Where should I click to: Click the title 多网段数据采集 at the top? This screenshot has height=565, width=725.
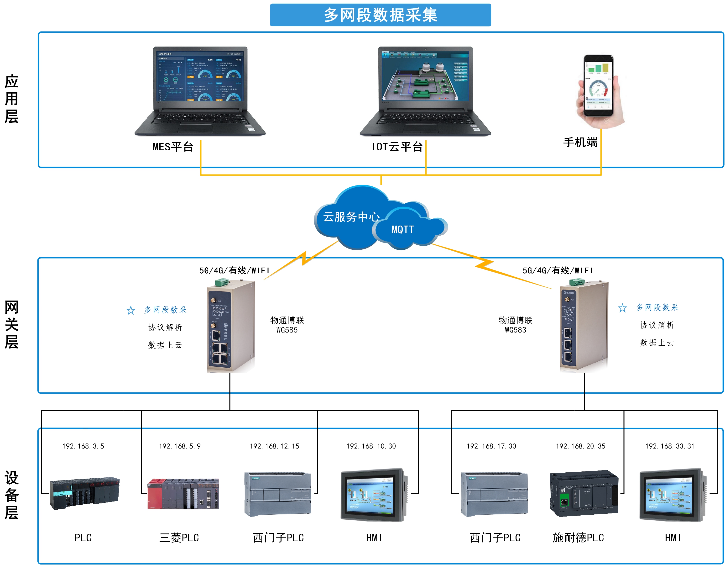point(381,15)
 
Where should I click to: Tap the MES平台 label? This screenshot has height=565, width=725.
point(173,147)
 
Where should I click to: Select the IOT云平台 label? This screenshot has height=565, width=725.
point(397,147)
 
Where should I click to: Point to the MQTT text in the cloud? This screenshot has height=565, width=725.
point(403,230)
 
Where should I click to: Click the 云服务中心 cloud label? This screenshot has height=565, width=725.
point(351,217)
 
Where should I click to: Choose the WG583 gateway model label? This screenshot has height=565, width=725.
point(515,330)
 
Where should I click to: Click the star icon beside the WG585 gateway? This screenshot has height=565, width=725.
point(131,310)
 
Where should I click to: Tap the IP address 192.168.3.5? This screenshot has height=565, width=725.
point(83,446)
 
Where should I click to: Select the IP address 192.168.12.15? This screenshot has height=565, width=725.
point(275,446)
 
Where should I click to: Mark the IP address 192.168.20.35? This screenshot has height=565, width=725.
point(581,446)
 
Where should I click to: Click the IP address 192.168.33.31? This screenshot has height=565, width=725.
point(670,446)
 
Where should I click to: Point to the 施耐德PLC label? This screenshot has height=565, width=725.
point(578,538)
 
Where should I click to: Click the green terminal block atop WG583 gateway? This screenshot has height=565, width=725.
point(577,282)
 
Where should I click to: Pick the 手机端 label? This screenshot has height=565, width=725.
point(580,142)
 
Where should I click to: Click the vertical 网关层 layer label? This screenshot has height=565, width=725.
point(12,325)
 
